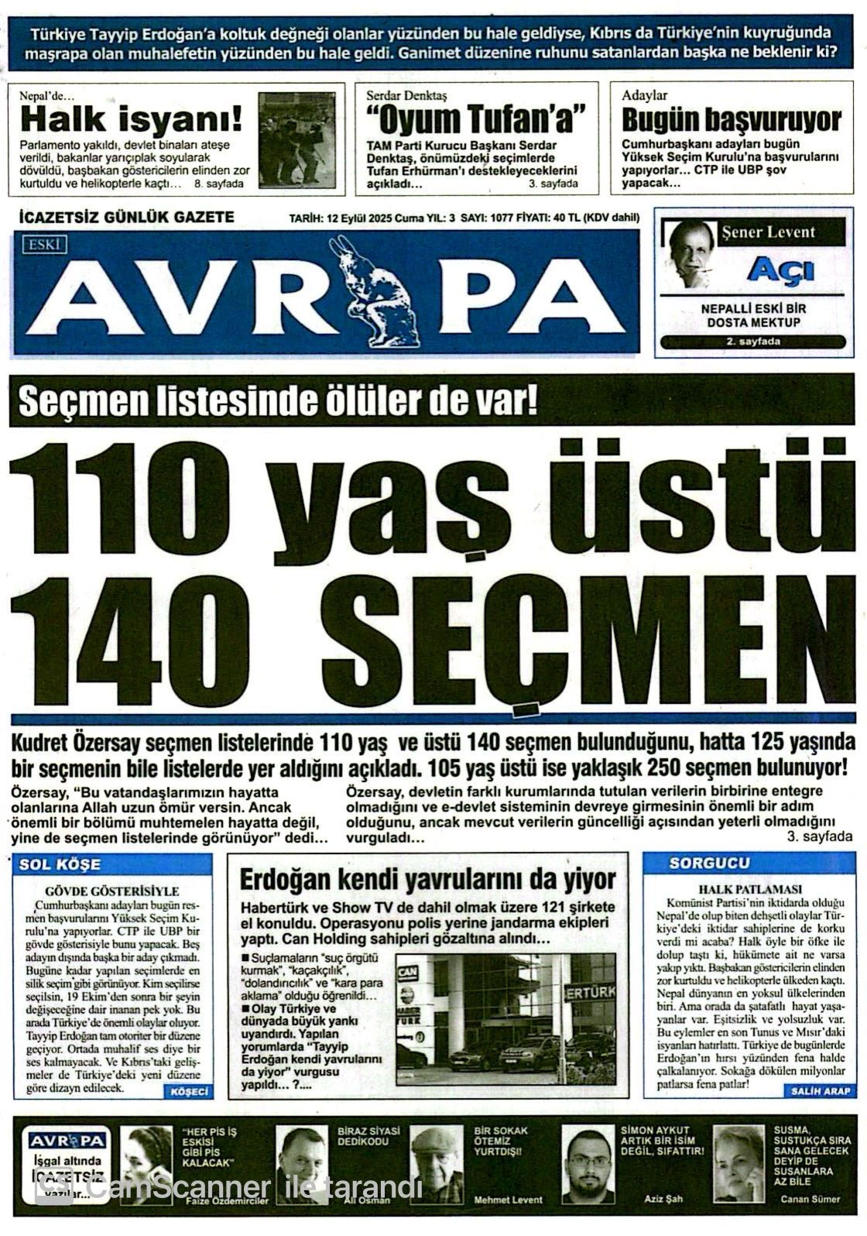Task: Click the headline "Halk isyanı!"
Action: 131,120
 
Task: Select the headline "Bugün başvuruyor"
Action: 732,120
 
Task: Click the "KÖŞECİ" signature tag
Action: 188,1091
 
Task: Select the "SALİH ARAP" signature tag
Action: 821,1090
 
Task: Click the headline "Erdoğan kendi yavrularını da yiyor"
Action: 427,880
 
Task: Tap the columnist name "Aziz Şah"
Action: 663,1199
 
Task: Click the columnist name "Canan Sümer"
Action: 810,1199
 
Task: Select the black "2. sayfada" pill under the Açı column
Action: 752,342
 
